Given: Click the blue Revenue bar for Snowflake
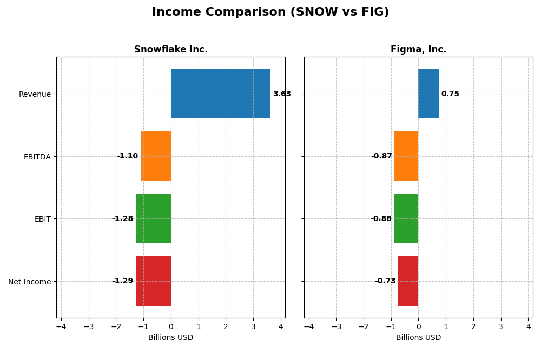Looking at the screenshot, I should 221,94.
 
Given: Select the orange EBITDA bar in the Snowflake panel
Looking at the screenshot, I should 156,156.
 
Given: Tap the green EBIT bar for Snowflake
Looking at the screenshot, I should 153,218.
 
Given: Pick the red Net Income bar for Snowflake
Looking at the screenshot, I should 153,281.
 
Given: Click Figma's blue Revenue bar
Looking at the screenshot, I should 428,94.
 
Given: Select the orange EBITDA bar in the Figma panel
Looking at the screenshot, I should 406,156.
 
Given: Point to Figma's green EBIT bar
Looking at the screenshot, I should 406,218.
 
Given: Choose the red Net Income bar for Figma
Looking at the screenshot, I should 408,281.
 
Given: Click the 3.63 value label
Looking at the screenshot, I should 282,94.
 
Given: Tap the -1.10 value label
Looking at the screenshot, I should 127,156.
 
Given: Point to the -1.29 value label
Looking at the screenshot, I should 122,281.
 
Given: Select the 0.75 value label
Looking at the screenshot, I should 450,94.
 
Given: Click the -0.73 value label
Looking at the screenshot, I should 385,281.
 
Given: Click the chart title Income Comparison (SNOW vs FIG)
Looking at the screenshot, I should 270,12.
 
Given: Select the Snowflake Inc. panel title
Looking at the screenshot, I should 171,50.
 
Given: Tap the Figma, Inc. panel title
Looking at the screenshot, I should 418,50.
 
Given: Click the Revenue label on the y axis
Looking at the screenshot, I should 35,95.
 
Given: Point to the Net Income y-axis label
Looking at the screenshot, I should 30,282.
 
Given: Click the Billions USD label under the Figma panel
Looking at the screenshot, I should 418,338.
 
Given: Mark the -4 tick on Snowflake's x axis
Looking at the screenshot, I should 61,326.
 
